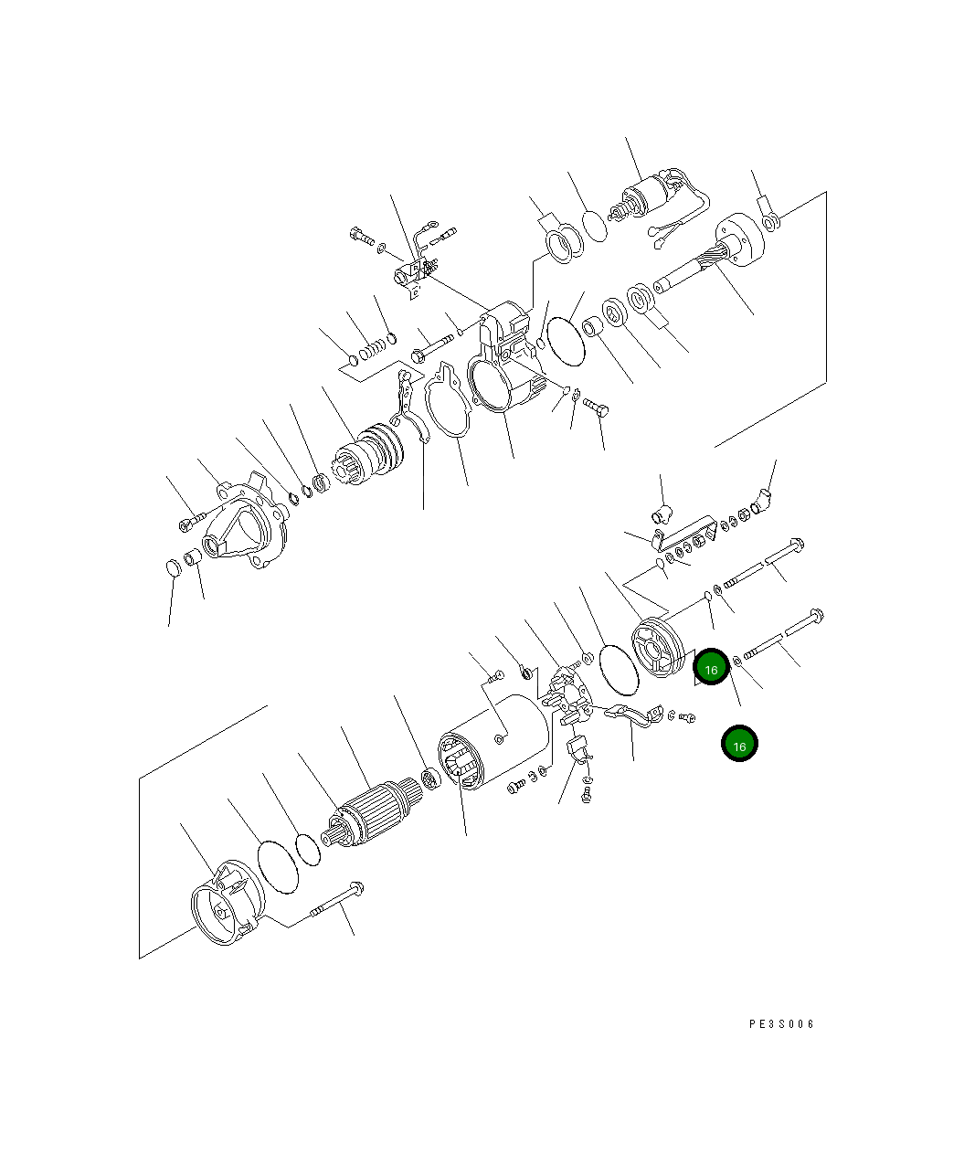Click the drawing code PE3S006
(781, 1024)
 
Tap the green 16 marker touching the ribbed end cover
(711, 667)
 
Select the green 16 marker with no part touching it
(739, 743)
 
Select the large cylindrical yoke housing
(493, 742)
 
